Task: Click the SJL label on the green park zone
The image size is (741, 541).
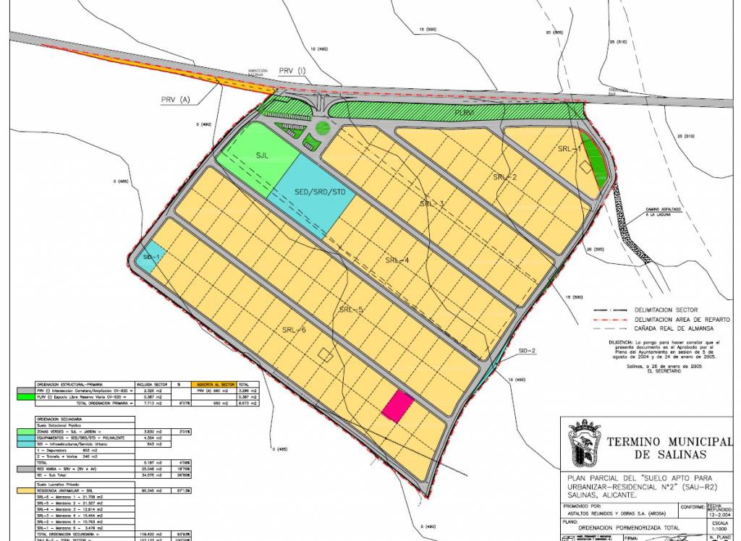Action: pyautogui.click(x=261, y=154)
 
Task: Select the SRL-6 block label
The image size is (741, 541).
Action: pyautogui.click(x=294, y=330)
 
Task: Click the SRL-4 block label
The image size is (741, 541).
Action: pyautogui.click(x=397, y=260)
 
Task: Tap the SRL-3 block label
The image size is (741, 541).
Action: pyautogui.click(x=432, y=203)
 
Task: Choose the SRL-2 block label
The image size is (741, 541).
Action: pyautogui.click(x=505, y=176)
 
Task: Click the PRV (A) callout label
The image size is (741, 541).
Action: pyautogui.click(x=174, y=100)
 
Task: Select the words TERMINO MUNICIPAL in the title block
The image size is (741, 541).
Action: pyautogui.click(x=666, y=441)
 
